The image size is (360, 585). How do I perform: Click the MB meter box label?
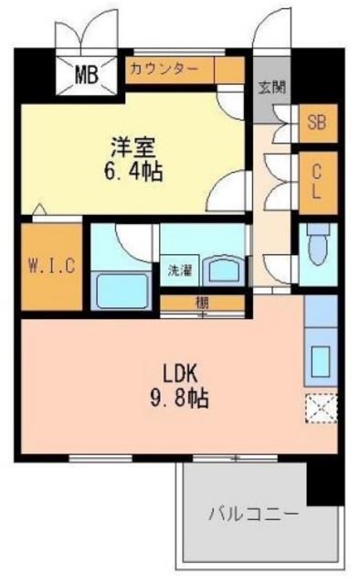coord(87,75)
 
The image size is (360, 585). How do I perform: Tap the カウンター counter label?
coord(164,69)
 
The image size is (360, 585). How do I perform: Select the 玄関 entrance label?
coord(272,88)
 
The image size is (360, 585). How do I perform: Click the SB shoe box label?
coord(317,122)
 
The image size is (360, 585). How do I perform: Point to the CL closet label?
coord(316,182)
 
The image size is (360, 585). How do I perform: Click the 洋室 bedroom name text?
coord(133,147)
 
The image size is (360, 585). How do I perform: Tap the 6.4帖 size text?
coord(133,172)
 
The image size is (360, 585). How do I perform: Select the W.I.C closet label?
coord(52,266)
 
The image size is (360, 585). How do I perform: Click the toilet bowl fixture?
coord(318,246)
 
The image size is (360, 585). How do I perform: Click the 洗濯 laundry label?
coord(180,271)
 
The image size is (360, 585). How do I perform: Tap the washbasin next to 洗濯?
coord(224,270)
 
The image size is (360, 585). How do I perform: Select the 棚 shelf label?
coord(203,303)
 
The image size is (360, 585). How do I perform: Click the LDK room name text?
coord(179,374)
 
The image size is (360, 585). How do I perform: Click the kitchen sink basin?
coord(321,361)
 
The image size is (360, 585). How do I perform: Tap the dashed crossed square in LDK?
coord(322,409)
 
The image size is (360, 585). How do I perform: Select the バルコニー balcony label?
coord(253,515)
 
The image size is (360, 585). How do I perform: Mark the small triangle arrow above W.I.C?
coord(39,209)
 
